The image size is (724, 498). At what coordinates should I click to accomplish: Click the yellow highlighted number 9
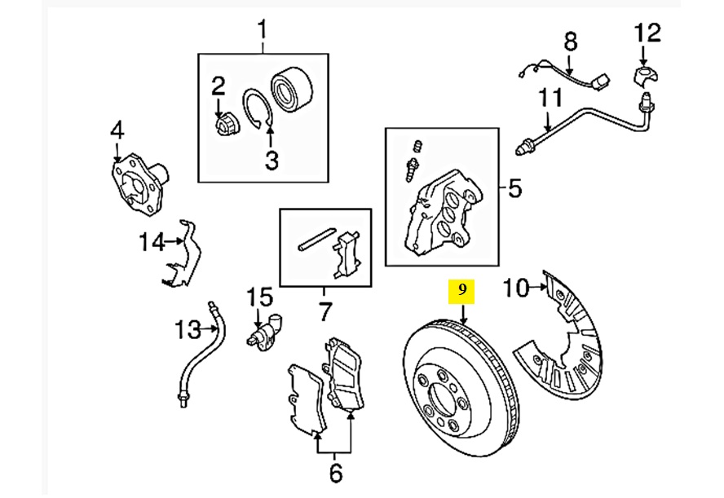[x=461, y=290]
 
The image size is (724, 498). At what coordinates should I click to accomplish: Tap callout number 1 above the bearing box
[x=263, y=30]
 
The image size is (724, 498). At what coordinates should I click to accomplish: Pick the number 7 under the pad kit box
[x=325, y=311]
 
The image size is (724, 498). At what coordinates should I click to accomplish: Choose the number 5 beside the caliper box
[x=514, y=189]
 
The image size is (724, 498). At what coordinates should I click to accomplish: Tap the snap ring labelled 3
[x=258, y=109]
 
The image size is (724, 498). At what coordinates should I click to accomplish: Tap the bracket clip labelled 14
[x=184, y=259]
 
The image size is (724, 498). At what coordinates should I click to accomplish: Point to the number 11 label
[x=551, y=99]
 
